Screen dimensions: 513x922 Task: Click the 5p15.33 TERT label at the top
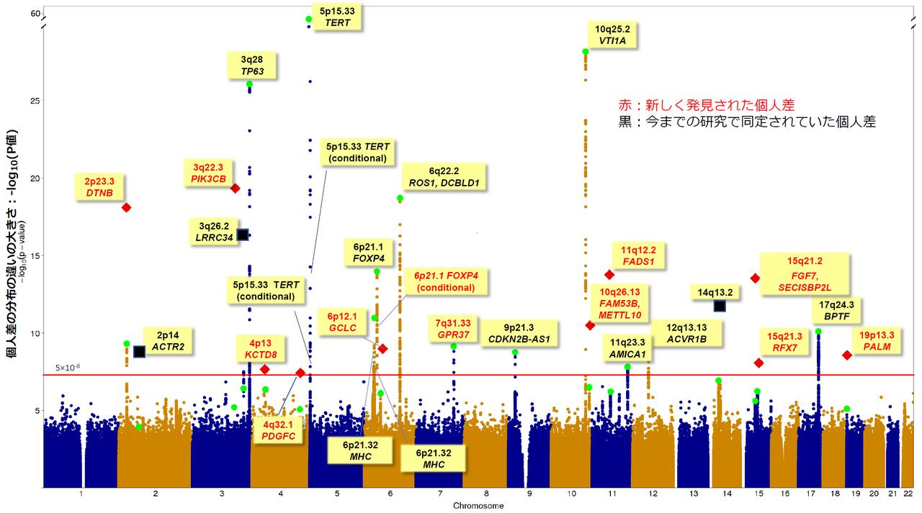pyautogui.click(x=336, y=17)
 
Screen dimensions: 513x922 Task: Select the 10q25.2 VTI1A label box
pyautogui.click(x=612, y=35)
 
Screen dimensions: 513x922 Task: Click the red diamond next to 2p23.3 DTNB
pyautogui.click(x=126, y=207)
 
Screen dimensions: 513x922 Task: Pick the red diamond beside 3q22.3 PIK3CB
pyautogui.click(x=235, y=188)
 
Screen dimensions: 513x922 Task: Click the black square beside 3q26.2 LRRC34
pyautogui.click(x=243, y=235)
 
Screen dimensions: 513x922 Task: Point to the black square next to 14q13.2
pyautogui.click(x=720, y=306)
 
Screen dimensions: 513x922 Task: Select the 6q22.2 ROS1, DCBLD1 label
pyautogui.click(x=443, y=177)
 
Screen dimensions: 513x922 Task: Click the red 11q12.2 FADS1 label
pyautogui.click(x=637, y=256)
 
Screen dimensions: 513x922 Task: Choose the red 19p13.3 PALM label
pyautogui.click(x=877, y=341)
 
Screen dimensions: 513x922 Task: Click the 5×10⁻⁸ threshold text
pyautogui.click(x=68, y=368)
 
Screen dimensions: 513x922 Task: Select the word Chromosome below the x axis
pyautogui.click(x=478, y=506)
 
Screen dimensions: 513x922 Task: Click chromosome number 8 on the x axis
pyautogui.click(x=485, y=494)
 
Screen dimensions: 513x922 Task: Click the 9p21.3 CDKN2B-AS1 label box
pyautogui.click(x=519, y=333)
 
